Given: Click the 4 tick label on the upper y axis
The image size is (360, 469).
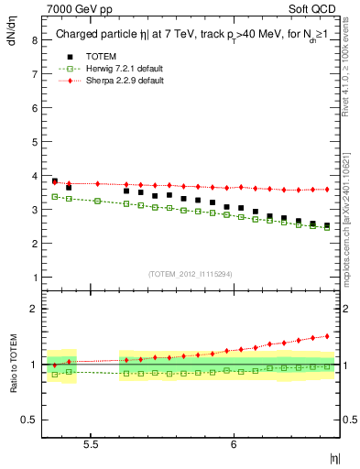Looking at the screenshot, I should pyautogui.click(x=34, y=176).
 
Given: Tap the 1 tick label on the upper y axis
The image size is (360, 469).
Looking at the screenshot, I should pyautogui.click(x=34, y=277).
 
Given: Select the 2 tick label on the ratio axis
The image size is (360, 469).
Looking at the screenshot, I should pyautogui.click(x=34, y=309).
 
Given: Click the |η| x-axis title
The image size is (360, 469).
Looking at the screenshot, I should pyautogui.click(x=334, y=456).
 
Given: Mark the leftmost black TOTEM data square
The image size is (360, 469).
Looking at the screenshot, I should pyautogui.click(x=55, y=181).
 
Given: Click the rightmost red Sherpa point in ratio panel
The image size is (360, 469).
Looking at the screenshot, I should pyautogui.click(x=326, y=335).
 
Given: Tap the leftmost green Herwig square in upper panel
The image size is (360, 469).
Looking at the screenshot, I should pyautogui.click(x=55, y=196).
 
